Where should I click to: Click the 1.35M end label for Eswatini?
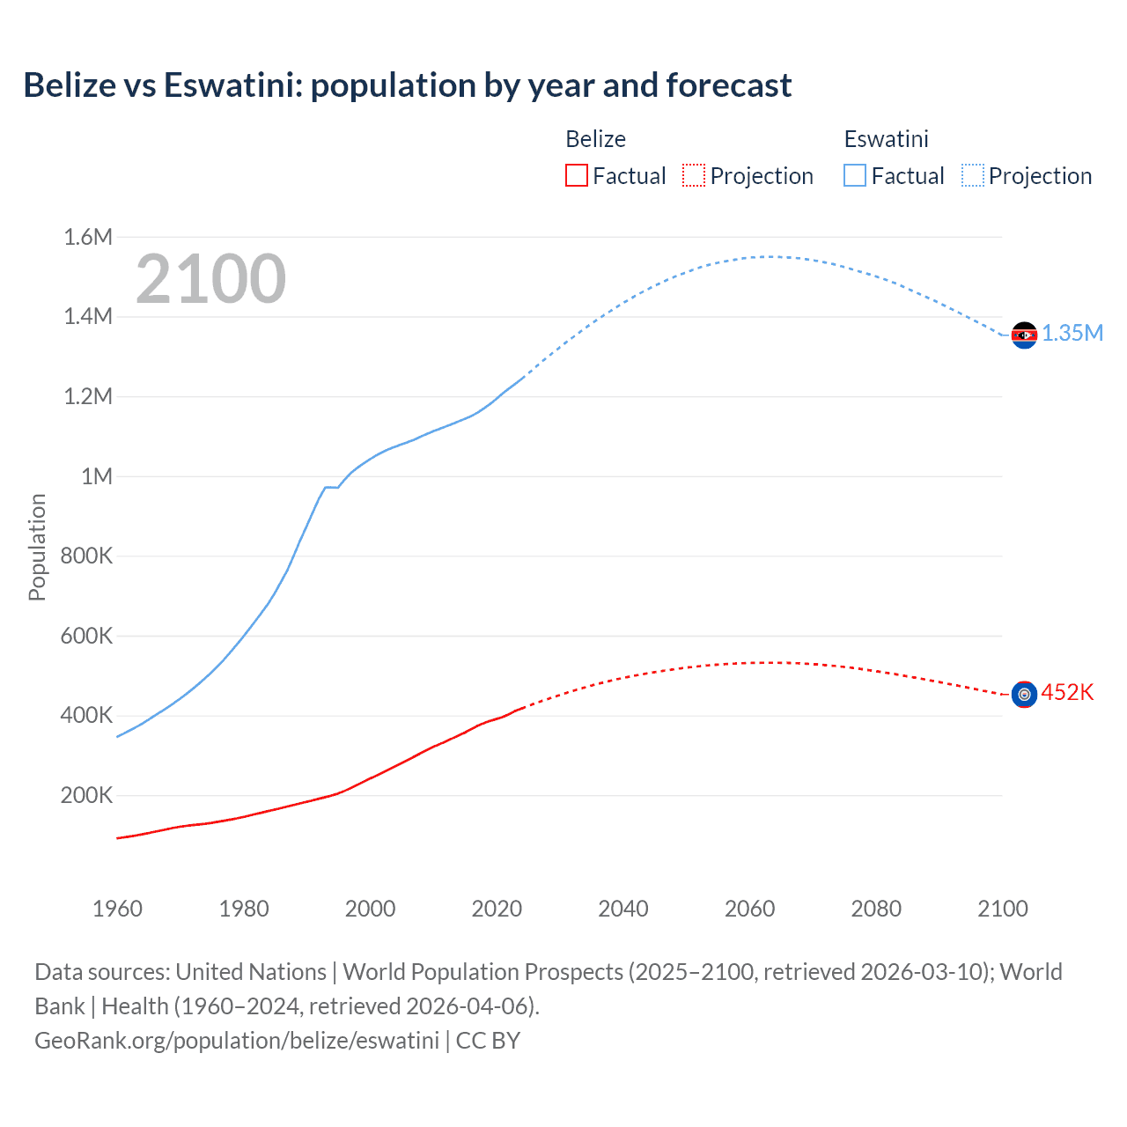(x=1072, y=333)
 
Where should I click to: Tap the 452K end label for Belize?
(x=1067, y=692)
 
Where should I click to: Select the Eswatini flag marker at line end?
(x=1024, y=335)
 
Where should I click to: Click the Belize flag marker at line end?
(x=1024, y=695)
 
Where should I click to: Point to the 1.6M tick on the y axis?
(x=88, y=237)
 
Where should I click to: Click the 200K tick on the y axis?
(x=86, y=796)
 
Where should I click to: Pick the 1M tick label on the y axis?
(x=97, y=476)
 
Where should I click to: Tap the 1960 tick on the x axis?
(x=117, y=909)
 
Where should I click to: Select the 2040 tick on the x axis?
(x=623, y=909)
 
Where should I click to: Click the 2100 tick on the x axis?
(x=1003, y=909)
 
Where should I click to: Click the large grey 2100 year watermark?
(x=210, y=279)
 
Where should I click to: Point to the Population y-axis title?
(x=37, y=547)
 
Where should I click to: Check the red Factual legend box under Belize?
(x=577, y=175)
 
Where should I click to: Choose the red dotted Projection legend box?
(x=694, y=175)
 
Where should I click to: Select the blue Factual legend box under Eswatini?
(x=855, y=175)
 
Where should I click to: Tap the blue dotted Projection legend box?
(x=972, y=175)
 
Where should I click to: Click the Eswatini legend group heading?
(x=886, y=139)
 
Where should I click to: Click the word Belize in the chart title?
(x=70, y=85)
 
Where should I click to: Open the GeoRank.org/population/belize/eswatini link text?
(x=237, y=1041)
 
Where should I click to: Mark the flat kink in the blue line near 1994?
(x=332, y=487)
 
